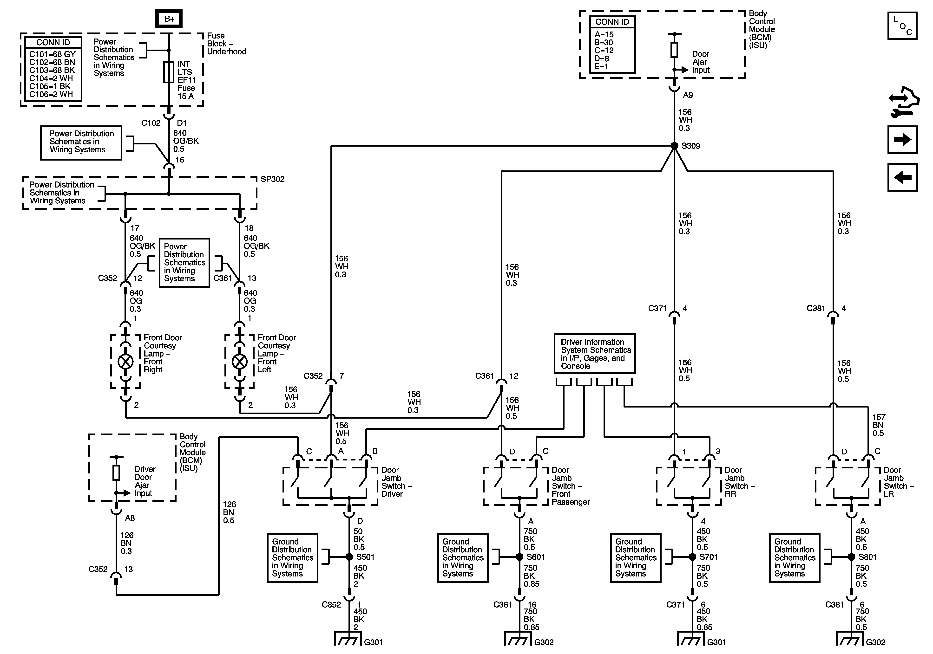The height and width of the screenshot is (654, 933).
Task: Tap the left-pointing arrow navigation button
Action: point(902,177)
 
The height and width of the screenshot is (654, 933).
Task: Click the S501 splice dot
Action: point(349,557)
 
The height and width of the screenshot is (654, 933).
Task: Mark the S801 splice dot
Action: point(851,557)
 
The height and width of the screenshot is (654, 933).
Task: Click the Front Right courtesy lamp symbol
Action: point(125,361)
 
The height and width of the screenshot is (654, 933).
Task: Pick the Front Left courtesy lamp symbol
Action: point(240,361)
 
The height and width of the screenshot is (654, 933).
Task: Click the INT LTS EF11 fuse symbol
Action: point(169,72)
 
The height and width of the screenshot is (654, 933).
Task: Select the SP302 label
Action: point(272,179)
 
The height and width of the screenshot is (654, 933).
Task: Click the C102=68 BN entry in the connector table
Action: point(52,62)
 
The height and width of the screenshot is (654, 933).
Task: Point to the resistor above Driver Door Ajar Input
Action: point(116,473)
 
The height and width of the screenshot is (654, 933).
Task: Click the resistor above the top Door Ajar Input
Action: point(674,50)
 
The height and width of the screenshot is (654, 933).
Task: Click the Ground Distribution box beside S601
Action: point(463,558)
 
